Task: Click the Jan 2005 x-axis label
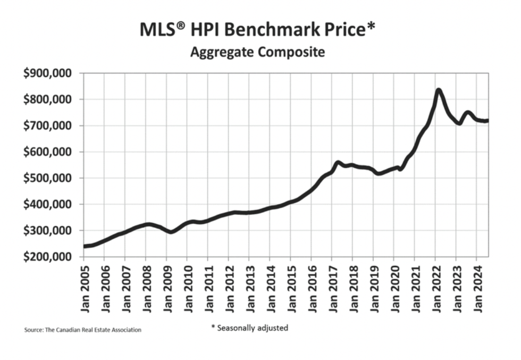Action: pyautogui.click(x=83, y=287)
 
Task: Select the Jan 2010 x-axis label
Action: pyautogui.click(x=187, y=287)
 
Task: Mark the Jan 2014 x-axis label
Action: pyautogui.click(x=270, y=287)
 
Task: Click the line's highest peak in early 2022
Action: pyautogui.click(x=439, y=90)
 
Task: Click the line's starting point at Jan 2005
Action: pyautogui.click(x=84, y=246)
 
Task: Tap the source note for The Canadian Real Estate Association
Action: pyautogui.click(x=83, y=330)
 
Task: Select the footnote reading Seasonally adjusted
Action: pyautogui.click(x=249, y=328)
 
